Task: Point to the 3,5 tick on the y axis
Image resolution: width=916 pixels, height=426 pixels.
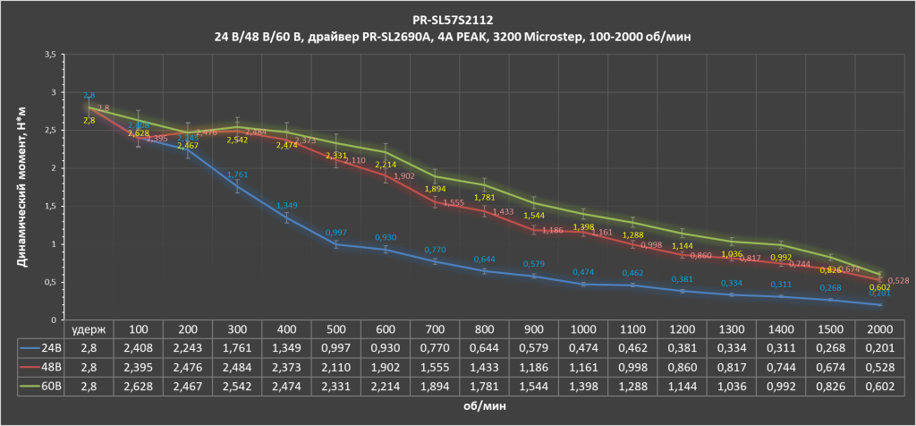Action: pyautogui.click(x=50, y=55)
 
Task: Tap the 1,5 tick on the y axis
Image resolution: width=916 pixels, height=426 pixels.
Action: pyautogui.click(x=50, y=206)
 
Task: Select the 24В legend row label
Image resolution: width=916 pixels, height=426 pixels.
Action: pyautogui.click(x=48, y=347)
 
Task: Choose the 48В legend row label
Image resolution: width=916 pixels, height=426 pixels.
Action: pyautogui.click(x=48, y=366)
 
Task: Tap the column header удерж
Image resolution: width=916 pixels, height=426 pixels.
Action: pyautogui.click(x=90, y=328)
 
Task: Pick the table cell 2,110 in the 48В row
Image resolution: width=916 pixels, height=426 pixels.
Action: pyautogui.click(x=336, y=366)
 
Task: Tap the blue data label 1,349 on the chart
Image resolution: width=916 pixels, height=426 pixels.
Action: pyautogui.click(x=287, y=205)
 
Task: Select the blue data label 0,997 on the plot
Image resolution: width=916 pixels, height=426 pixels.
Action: pyautogui.click(x=336, y=231)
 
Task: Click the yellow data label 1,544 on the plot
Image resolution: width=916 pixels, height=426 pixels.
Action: pyautogui.click(x=532, y=216)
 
